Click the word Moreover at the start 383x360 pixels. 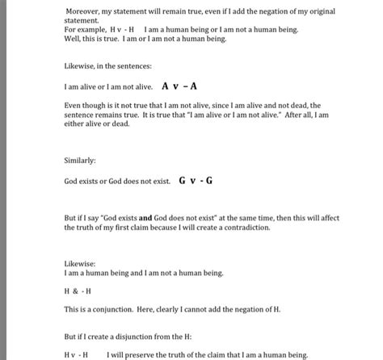(83, 10)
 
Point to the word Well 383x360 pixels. (73, 38)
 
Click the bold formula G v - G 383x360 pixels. (196, 181)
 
